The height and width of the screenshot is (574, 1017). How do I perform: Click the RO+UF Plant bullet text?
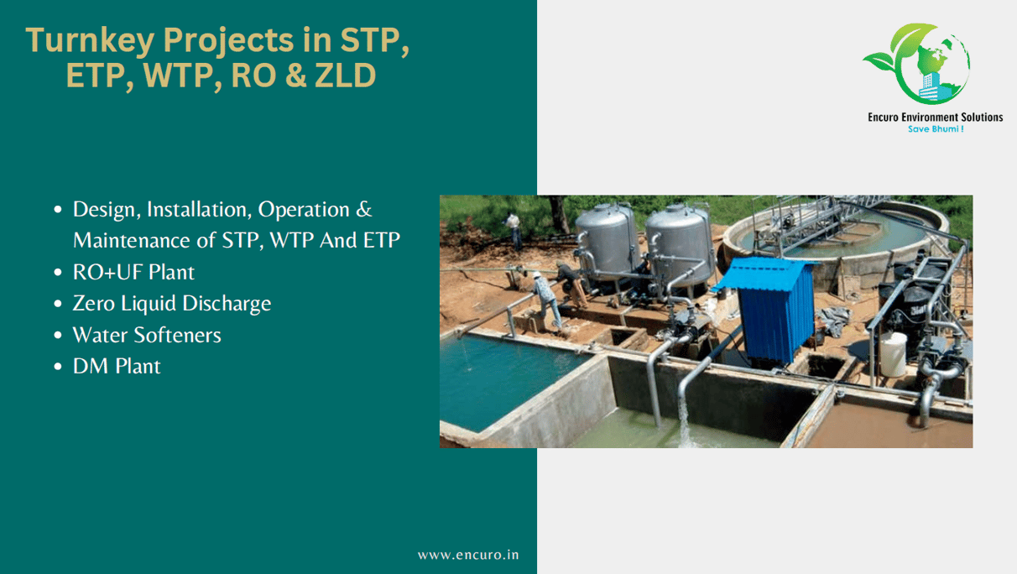pyautogui.click(x=133, y=272)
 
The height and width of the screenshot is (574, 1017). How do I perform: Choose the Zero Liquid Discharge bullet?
pyautogui.click(x=172, y=303)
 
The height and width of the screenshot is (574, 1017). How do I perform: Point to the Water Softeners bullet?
pyautogui.click(x=147, y=335)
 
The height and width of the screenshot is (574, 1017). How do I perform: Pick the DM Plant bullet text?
pyautogui.click(x=117, y=366)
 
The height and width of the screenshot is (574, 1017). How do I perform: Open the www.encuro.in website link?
pyautogui.click(x=468, y=555)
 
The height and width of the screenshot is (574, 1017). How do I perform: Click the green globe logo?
pyautogui.click(x=916, y=64)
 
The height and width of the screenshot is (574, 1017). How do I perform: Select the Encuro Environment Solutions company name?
pyautogui.click(x=936, y=117)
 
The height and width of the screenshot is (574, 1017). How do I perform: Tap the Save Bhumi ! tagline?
pyautogui.click(x=936, y=129)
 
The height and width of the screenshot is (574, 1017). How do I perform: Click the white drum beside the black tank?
pyautogui.click(x=893, y=354)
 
